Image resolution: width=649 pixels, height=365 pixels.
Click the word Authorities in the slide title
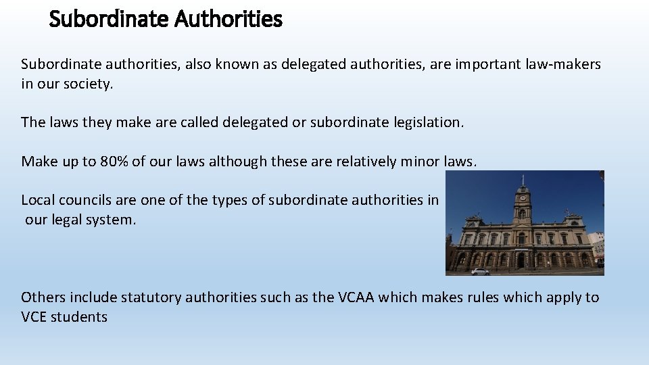point(228,19)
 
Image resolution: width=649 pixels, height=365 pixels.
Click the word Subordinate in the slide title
point(109,19)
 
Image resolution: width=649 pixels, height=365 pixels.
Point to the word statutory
point(150,297)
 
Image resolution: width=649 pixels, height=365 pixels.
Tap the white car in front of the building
point(480,271)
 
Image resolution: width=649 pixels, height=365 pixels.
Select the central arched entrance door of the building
point(521,260)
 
